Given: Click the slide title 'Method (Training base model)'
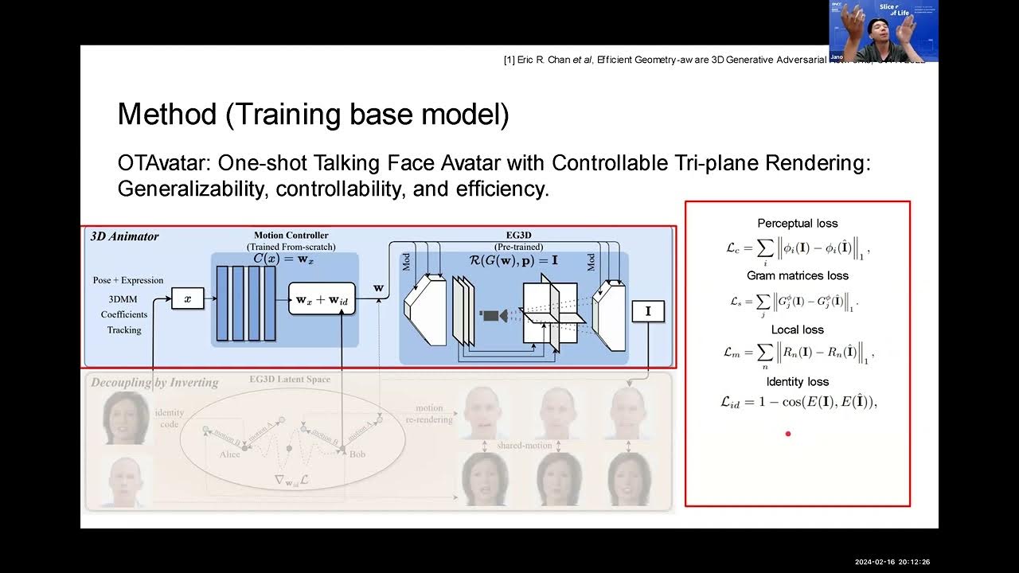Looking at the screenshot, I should pos(313,115).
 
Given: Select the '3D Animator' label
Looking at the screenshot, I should pos(125,236).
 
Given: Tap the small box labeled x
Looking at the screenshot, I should pos(188,299).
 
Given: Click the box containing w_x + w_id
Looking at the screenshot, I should pos(322,299).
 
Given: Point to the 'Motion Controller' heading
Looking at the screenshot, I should pos(291,236).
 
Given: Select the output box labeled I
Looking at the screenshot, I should pos(647,312).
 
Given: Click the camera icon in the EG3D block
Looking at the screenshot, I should pos(490,316).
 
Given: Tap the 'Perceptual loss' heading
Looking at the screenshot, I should pos(797,224).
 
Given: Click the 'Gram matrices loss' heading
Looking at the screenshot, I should pos(797,275).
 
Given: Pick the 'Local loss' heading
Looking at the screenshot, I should pos(797,329).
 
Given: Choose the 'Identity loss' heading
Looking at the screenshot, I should pos(797,382).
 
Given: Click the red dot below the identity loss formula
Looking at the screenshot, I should pos(788,434).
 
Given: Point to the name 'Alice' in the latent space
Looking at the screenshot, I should pos(229,454).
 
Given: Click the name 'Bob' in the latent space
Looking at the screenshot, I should pos(357,454).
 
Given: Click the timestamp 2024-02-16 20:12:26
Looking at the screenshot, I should pos(892,562).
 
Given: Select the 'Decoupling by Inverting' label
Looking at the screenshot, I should pos(154,383).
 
